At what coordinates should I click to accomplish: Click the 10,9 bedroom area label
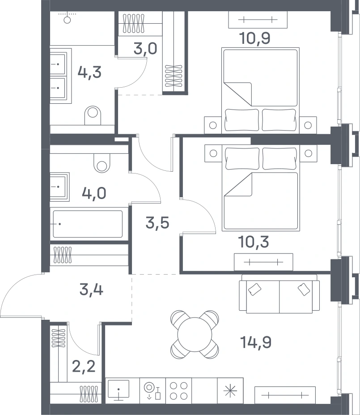[x=254, y=38]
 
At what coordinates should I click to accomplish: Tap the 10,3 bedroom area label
[x=254, y=242]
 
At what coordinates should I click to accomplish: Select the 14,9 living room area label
[x=256, y=342]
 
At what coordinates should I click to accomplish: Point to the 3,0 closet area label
[x=145, y=49]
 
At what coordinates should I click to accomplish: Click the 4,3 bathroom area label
[x=89, y=72]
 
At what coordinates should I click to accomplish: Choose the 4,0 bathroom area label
[x=94, y=193]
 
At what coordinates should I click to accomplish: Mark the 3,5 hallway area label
[x=157, y=223]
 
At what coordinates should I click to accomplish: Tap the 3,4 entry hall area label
[x=91, y=289]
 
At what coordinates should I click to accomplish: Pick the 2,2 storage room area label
[x=84, y=367]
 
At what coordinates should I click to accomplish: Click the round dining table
[x=195, y=335]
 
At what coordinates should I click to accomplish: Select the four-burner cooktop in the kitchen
[x=179, y=391]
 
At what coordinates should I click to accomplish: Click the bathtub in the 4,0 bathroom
[x=88, y=224]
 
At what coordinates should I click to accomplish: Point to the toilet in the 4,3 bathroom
[x=93, y=115]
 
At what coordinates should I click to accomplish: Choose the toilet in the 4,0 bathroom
[x=102, y=163]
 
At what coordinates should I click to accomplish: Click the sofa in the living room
[x=279, y=294]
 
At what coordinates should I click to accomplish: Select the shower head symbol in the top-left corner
[x=67, y=17]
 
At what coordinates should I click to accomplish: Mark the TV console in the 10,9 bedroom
[x=258, y=20]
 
